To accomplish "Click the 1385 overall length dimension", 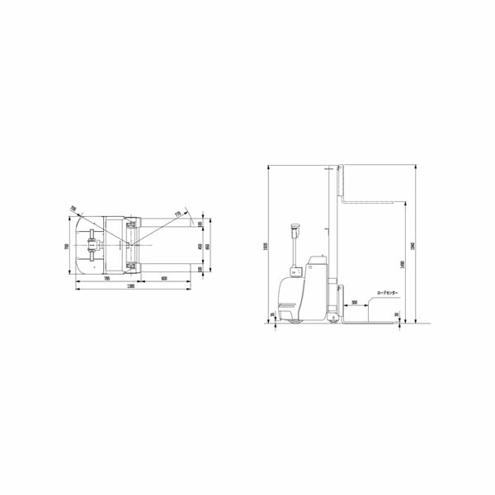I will (131, 285).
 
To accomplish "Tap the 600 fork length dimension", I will (165, 278).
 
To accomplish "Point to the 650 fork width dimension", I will (208, 246).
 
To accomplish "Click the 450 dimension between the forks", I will (200, 246).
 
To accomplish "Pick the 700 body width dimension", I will (67, 246).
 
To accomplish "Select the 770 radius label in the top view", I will (177, 214).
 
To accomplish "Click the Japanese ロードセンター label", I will (388, 292).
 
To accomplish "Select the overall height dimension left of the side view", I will (270, 246).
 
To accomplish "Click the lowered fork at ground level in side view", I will (371, 323).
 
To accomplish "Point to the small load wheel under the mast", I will (332, 319).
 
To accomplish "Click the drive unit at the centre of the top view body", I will (92, 245).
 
